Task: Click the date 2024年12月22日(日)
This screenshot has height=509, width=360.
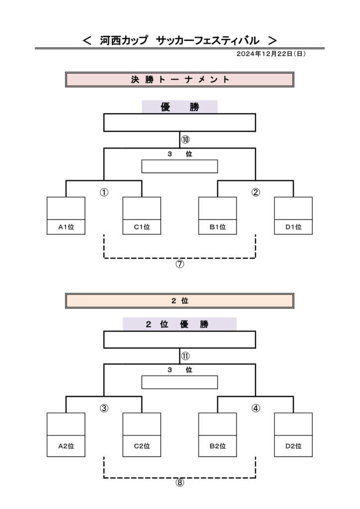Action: click(x=271, y=54)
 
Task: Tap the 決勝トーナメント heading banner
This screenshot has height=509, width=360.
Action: click(x=180, y=80)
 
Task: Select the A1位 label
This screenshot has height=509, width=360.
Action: click(x=66, y=227)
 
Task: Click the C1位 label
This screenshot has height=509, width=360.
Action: click(x=142, y=227)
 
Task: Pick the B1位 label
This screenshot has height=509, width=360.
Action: click(x=217, y=227)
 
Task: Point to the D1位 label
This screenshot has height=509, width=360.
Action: click(x=293, y=227)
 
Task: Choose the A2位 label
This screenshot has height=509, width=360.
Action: click(x=66, y=446)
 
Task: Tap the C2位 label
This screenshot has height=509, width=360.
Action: click(x=142, y=446)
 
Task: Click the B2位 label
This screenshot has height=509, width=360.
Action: click(x=217, y=446)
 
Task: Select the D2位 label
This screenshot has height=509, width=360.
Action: click(x=293, y=446)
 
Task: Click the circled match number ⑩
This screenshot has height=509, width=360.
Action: click(x=185, y=140)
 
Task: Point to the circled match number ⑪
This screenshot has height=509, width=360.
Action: click(x=185, y=356)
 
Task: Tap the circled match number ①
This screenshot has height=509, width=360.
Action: click(x=104, y=192)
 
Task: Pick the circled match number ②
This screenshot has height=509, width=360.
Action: click(x=256, y=192)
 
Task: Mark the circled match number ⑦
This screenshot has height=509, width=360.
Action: click(x=180, y=264)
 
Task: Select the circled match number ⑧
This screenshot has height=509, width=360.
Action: click(x=180, y=483)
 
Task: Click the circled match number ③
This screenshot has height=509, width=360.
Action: click(x=104, y=409)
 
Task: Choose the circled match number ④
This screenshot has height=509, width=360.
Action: click(x=256, y=409)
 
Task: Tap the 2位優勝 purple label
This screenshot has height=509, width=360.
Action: click(x=180, y=324)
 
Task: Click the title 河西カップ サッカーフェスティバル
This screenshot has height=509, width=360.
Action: click(x=180, y=40)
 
